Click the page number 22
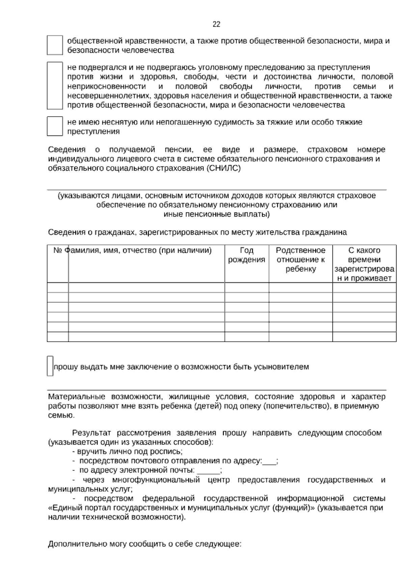pyautogui.click(x=216, y=24)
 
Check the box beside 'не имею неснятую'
pyautogui.click(x=55, y=126)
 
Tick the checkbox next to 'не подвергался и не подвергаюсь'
pyautogui.click(x=55, y=85)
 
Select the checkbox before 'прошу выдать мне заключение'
pyautogui.click(x=50, y=366)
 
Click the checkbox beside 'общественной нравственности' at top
pyautogui.click(x=55, y=45)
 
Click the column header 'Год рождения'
pyautogui.click(x=247, y=255)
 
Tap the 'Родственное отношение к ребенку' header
pyautogui.click(x=300, y=259)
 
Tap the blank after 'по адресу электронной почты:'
pyautogui.click(x=208, y=470)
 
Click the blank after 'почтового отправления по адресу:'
pyautogui.click(x=269, y=461)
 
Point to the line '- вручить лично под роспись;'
pyautogui.click(x=127, y=451)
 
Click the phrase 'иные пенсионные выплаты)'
pyautogui.click(x=216, y=214)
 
